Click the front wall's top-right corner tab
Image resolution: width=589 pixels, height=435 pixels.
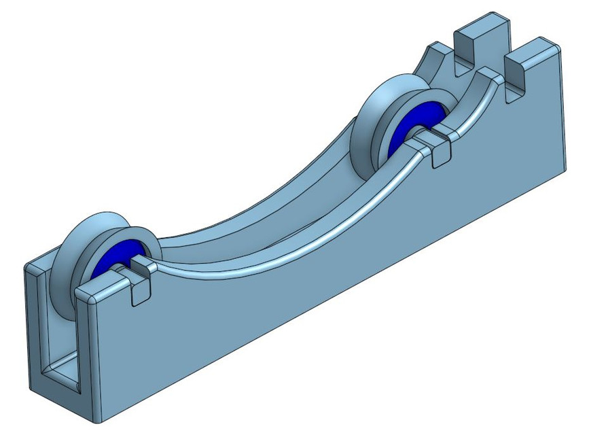(537, 51)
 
